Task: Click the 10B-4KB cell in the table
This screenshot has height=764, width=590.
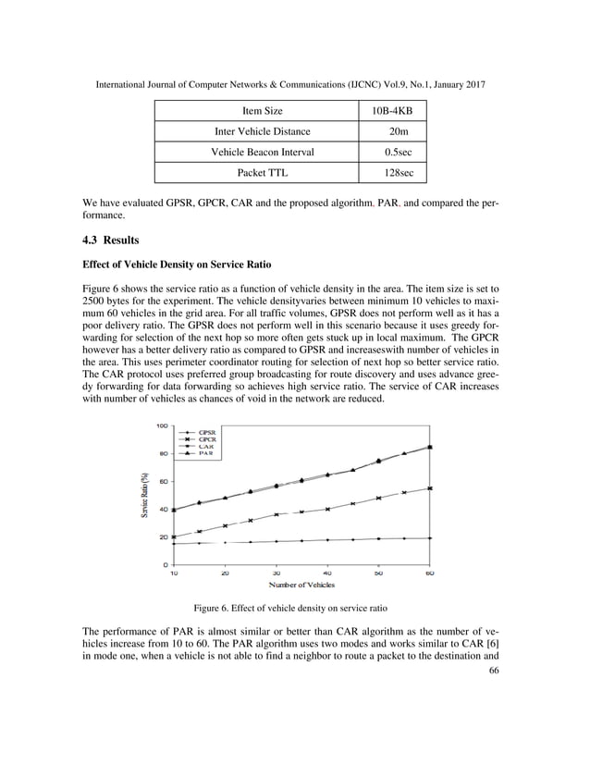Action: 399,112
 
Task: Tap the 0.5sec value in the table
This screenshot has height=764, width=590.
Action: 399,153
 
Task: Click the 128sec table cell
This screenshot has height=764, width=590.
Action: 399,173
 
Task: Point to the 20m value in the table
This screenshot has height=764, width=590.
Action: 399,132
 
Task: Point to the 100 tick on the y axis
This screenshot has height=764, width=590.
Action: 161,425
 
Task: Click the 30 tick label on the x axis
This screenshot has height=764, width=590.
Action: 277,573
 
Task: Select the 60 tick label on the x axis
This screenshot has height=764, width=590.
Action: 430,573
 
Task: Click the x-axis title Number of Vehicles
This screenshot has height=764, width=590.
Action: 301,585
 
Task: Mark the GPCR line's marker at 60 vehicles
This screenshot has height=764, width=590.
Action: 430,487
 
